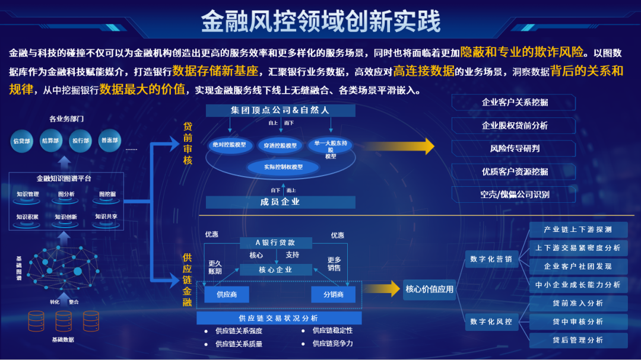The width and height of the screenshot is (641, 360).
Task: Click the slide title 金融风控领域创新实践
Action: tap(320, 21)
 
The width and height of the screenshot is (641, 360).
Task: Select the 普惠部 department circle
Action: tap(110, 141)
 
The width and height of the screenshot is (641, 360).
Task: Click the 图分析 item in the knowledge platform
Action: tap(66, 194)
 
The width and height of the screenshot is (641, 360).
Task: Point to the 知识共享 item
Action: tap(106, 217)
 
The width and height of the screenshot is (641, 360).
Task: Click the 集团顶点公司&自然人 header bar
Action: tap(280, 110)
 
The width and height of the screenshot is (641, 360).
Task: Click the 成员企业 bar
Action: tap(280, 202)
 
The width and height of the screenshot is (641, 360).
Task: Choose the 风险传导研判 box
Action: tap(514, 148)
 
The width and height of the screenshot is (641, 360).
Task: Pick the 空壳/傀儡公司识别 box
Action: tap(514, 195)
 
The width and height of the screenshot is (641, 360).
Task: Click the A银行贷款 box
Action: tap(275, 243)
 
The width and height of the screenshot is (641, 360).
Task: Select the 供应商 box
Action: tap(226, 294)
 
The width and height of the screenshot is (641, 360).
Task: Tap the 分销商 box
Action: tap(333, 294)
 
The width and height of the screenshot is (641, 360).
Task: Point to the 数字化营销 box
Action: tap(491, 259)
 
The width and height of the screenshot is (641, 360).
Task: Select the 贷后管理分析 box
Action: tap(577, 340)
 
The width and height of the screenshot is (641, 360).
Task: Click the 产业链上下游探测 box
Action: tap(577, 230)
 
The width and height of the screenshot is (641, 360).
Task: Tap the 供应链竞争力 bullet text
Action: tap(332, 343)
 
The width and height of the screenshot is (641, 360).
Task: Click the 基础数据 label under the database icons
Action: tap(63, 340)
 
